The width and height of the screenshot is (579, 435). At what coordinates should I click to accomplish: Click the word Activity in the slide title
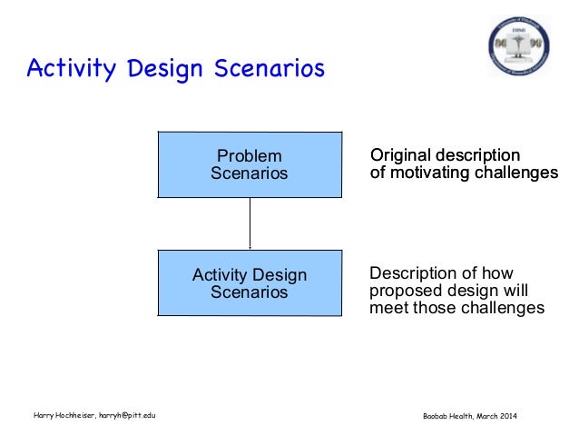tap(62, 68)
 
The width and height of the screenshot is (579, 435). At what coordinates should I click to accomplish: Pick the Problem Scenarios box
tap(250, 164)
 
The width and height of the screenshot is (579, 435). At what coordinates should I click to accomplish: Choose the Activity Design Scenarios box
tap(250, 283)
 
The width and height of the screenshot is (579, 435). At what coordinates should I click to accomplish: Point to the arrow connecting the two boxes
tap(250, 223)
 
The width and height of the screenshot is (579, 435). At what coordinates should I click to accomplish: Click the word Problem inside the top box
tap(249, 156)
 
